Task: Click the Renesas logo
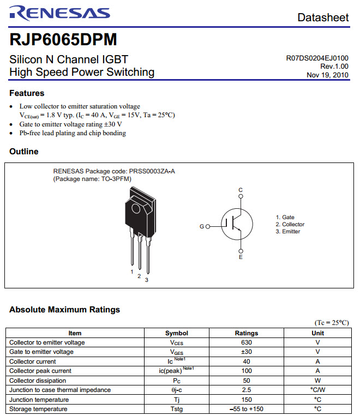click(60, 13)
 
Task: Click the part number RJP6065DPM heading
click(63, 40)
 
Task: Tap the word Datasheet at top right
click(323, 17)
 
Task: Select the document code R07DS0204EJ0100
click(317, 58)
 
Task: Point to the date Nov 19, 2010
click(327, 75)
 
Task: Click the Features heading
click(27, 93)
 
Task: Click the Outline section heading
click(24, 152)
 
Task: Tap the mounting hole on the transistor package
click(136, 209)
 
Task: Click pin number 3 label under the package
click(147, 280)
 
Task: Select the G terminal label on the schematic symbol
click(202, 227)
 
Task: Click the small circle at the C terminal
click(241, 196)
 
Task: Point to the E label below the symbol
click(241, 257)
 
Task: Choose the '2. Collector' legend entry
click(290, 225)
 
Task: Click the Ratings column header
click(247, 333)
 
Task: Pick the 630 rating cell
click(247, 342)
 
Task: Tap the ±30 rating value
click(247, 352)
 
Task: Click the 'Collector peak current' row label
click(40, 371)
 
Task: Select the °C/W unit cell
click(317, 390)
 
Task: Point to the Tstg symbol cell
click(177, 409)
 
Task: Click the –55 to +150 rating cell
click(247, 409)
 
